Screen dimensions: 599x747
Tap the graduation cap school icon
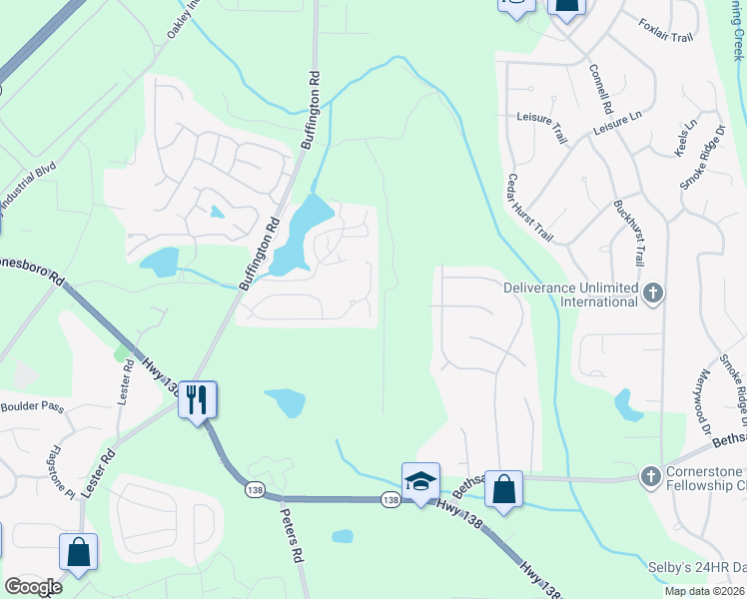[420, 480]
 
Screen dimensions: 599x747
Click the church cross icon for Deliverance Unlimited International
[653, 294]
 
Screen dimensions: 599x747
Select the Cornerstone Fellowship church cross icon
[651, 474]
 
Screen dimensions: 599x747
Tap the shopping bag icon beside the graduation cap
[504, 489]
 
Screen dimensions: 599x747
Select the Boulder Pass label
[32, 406]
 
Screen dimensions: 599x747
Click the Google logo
[32, 586]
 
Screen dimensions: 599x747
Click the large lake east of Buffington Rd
[300, 235]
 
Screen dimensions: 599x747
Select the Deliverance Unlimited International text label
[570, 295]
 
